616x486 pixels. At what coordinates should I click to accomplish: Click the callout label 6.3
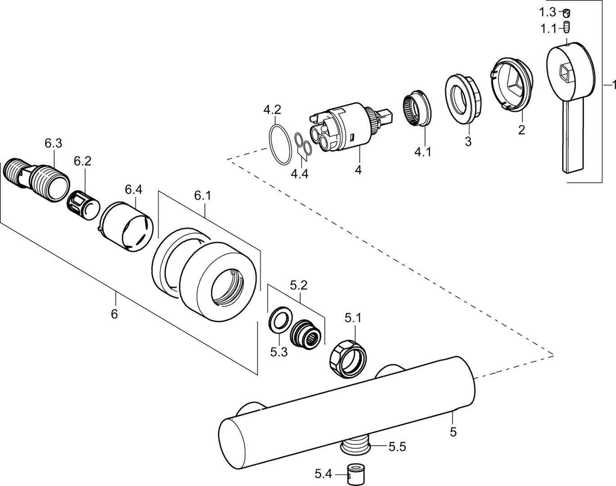click(53, 144)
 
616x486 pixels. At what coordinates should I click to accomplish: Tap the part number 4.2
click(272, 109)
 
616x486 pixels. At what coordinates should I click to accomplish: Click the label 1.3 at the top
click(548, 12)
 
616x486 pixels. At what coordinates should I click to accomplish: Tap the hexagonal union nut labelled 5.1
click(348, 358)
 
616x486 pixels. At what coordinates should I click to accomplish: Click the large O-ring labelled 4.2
click(279, 145)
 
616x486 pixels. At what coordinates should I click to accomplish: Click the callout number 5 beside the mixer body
click(453, 432)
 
